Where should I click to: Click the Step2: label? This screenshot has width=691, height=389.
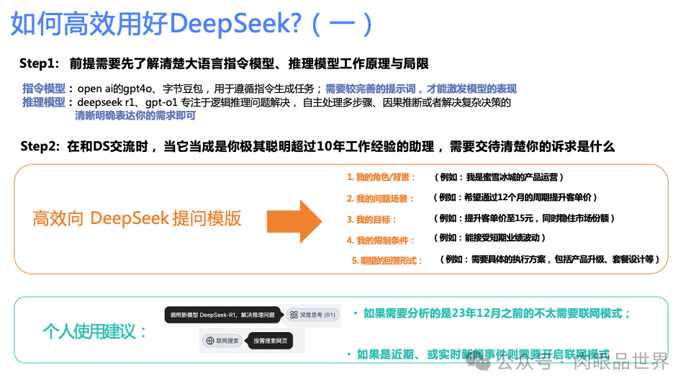click(x=41, y=147)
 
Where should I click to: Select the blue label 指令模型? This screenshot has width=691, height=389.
click(x=44, y=89)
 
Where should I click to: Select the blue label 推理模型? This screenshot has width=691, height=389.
click(x=44, y=102)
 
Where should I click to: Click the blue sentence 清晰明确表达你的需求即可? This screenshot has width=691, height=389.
click(x=135, y=115)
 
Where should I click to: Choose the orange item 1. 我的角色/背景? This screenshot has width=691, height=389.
click(x=381, y=177)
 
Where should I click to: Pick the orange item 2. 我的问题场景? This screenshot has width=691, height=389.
click(x=381, y=198)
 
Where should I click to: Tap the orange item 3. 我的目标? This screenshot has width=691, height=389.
click(x=371, y=219)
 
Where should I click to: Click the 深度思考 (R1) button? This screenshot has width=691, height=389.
click(x=312, y=315)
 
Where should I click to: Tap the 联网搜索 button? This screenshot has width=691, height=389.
click(x=222, y=341)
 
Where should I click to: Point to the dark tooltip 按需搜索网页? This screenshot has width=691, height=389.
click(x=268, y=341)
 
